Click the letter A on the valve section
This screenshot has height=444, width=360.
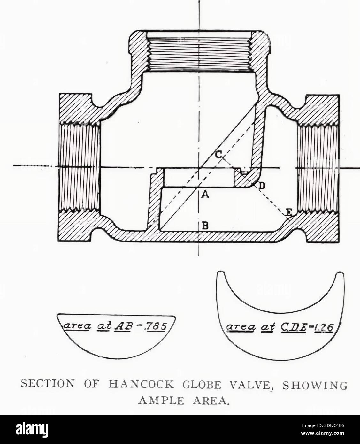pyautogui.click(x=205, y=195)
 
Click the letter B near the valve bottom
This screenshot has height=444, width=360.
pyautogui.click(x=205, y=225)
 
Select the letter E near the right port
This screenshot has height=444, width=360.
pyautogui.click(x=289, y=212)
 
